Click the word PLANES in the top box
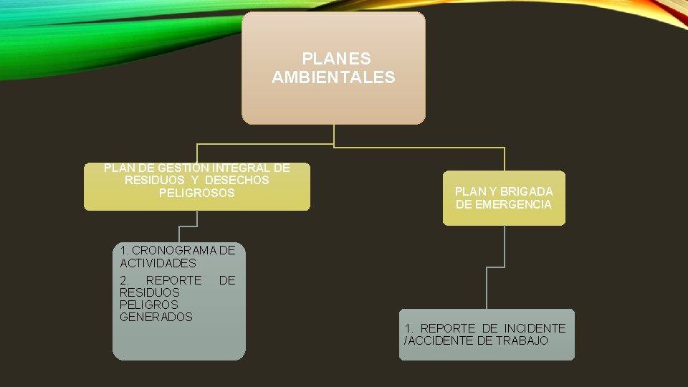pyautogui.click(x=336, y=58)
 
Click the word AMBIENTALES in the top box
pyautogui.click(x=333, y=77)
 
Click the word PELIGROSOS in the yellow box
pyautogui.click(x=197, y=193)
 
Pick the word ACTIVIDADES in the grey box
pyautogui.click(x=158, y=263)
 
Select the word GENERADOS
pyautogui.click(x=156, y=317)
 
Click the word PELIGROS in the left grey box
pyautogui.click(x=149, y=305)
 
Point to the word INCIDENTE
pyautogui.click(x=535, y=328)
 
